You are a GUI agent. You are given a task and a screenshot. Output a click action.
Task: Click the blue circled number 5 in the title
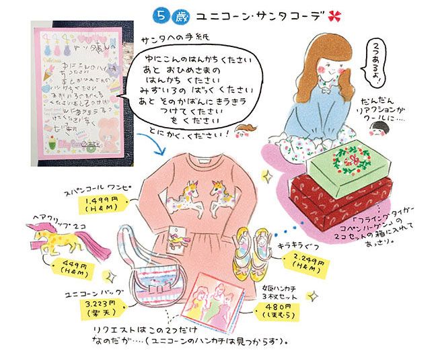[160, 13]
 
